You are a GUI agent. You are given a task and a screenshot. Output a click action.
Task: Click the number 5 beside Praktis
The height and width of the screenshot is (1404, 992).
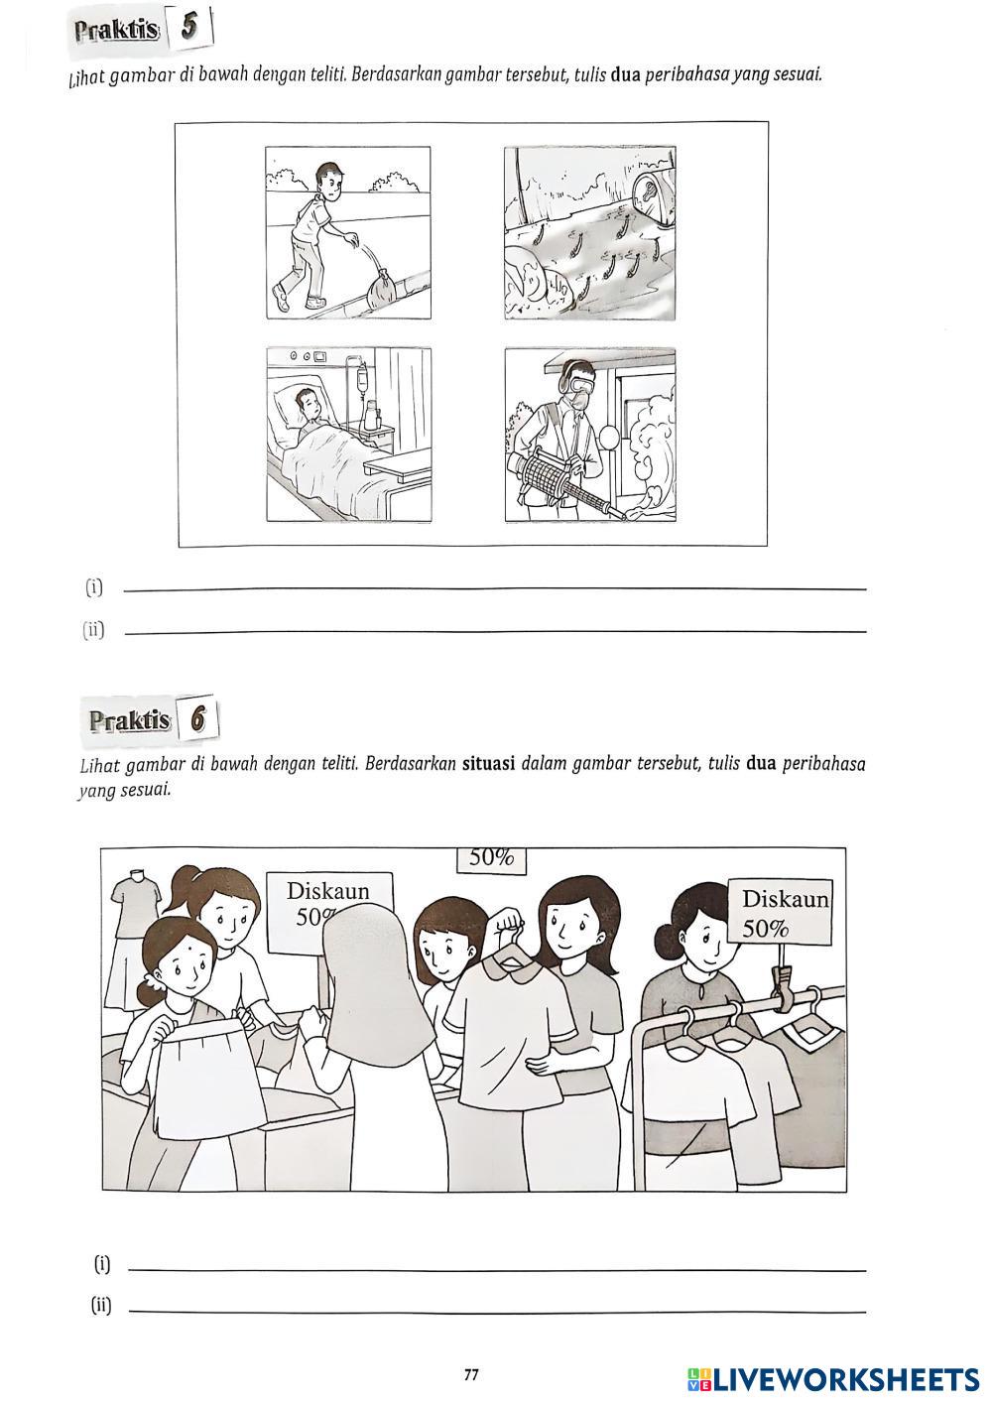[188, 28]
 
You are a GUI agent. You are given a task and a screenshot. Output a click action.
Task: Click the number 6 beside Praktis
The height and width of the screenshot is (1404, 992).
[198, 719]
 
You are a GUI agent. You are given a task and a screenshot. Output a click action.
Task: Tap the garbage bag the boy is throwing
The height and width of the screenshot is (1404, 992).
[382, 290]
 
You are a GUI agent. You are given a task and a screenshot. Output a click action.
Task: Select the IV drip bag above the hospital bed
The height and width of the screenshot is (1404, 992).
[361, 380]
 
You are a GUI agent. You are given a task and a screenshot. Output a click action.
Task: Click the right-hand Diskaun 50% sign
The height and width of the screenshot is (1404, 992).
[780, 911]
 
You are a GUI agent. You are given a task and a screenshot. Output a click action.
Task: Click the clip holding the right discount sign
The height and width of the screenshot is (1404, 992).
[782, 982]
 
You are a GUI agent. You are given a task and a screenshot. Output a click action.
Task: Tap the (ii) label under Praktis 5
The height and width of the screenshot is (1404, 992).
[93, 629]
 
